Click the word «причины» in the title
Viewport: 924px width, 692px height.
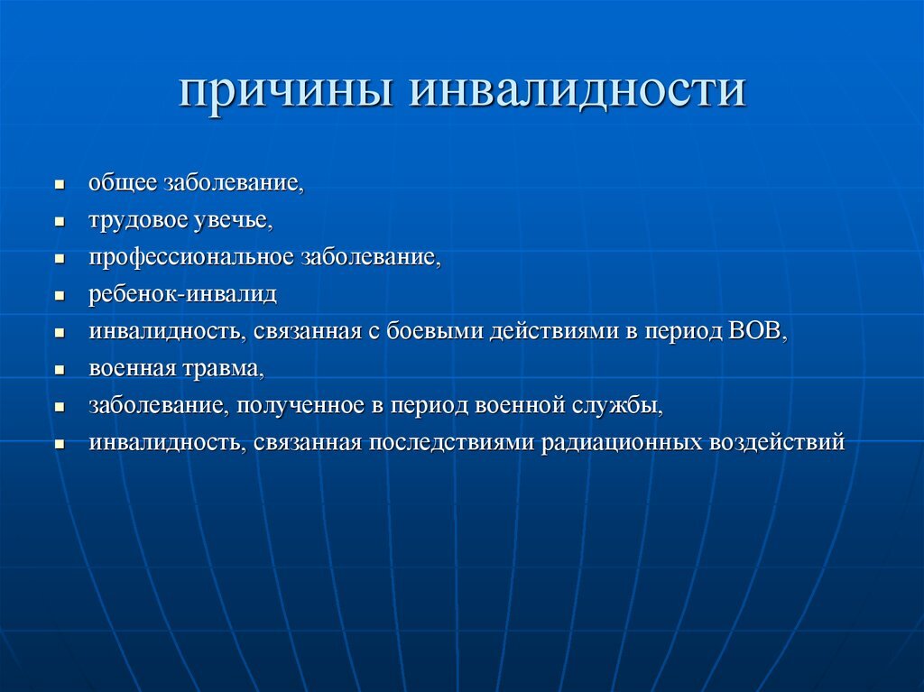285,93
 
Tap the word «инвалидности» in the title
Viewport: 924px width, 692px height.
579,93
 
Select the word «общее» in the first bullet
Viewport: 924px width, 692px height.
123,183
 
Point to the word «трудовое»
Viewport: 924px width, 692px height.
139,220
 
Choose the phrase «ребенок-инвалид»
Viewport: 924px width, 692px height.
182,294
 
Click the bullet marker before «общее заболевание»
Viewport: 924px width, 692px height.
60,185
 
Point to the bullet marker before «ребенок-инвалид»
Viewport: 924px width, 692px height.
60,296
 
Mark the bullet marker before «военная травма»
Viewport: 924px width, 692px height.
60,370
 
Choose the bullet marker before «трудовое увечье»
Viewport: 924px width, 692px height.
60,222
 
